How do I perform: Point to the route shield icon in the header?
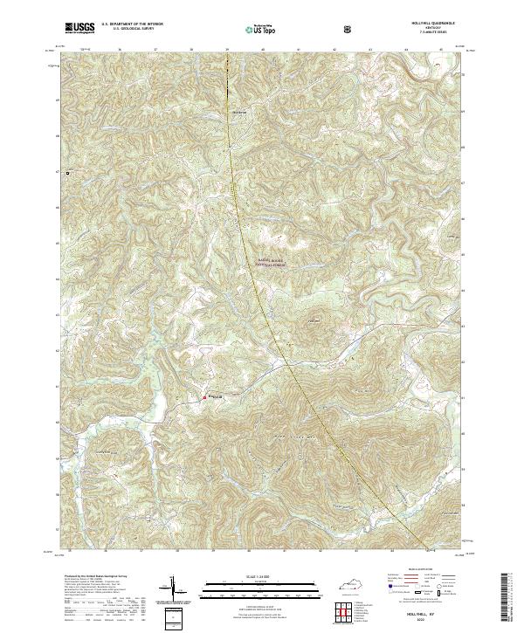(348, 29)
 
